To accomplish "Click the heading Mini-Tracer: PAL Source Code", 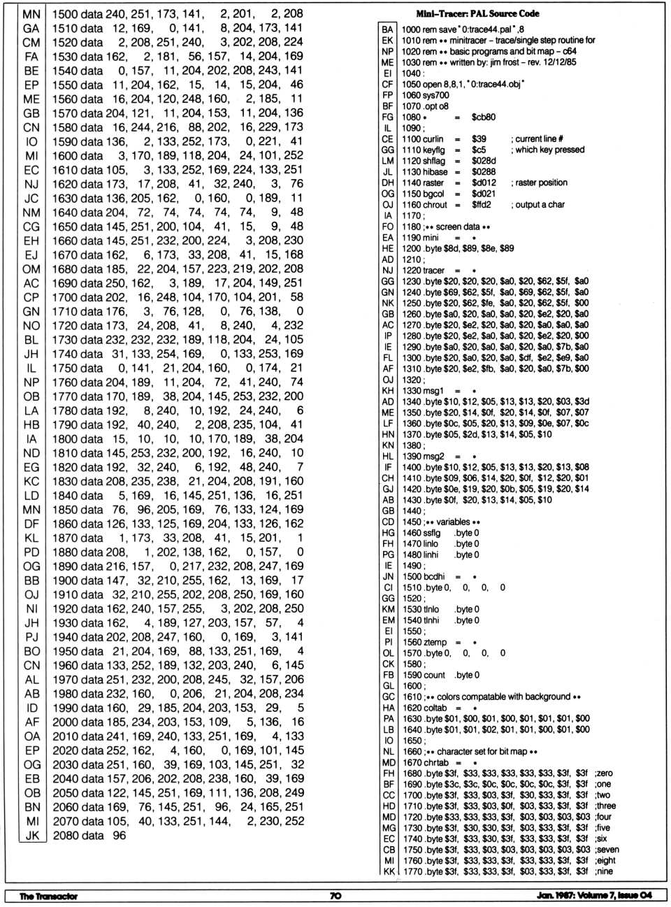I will click(477, 13).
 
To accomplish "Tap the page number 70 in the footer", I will click(335, 895).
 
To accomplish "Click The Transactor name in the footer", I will click(48, 896).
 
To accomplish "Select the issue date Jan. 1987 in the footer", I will click(555, 895).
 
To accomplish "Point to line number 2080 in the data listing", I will click(68, 835).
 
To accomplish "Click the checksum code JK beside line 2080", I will click(32, 835).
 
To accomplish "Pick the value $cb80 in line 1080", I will click(484, 117).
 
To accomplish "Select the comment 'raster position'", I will click(541, 183).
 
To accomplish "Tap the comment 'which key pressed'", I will click(550, 150).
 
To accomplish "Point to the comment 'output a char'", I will click(540, 205).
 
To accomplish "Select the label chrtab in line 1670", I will click(435, 762).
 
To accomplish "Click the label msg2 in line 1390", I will click(433, 456).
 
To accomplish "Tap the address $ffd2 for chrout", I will click(482, 205).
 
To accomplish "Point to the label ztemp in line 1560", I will click(435, 642).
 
